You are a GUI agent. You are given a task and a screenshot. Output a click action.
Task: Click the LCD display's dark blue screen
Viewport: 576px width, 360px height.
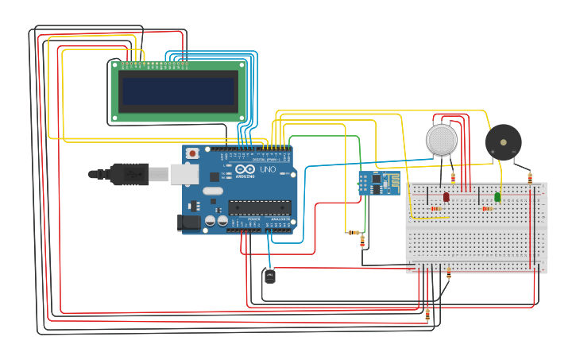(x=178, y=91)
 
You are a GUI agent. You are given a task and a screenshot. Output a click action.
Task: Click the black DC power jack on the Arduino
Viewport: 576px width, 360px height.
(x=191, y=223)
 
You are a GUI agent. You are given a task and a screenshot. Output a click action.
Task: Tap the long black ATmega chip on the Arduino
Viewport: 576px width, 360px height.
(x=259, y=207)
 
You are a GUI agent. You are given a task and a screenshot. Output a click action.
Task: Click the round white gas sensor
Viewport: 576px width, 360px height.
(x=443, y=139)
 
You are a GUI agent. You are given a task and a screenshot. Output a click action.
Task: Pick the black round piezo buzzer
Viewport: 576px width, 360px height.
(x=503, y=141)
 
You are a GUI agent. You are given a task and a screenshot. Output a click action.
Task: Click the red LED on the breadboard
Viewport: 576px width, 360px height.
(x=446, y=196)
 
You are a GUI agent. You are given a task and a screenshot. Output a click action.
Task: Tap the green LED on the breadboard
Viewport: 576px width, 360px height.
(x=497, y=196)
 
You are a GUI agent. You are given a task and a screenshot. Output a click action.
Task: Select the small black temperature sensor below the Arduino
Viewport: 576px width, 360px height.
(x=270, y=277)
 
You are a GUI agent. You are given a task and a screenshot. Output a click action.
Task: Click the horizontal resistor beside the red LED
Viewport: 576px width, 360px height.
(x=436, y=209)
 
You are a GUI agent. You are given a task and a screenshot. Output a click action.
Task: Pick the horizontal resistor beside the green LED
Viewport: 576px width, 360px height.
(x=487, y=209)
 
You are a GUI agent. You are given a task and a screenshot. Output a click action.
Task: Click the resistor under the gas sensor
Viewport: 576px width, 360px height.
(x=453, y=177)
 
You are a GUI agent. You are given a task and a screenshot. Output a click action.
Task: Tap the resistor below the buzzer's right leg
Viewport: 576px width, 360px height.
(x=530, y=177)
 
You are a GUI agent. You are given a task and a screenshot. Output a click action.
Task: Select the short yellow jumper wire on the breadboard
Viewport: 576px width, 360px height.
(x=416, y=217)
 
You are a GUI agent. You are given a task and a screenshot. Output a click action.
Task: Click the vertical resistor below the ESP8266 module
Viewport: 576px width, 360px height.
(x=362, y=239)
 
